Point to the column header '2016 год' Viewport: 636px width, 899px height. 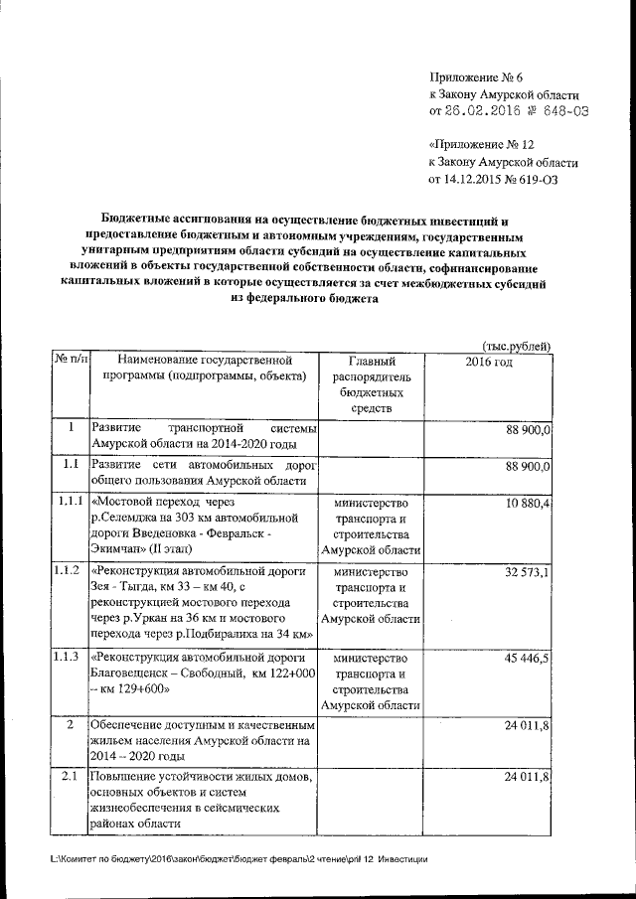(488, 361)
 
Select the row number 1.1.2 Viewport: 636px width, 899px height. (69, 571)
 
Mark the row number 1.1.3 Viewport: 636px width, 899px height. (69, 657)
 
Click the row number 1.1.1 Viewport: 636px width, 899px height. (69, 503)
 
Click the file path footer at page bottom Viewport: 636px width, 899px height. (239, 859)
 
